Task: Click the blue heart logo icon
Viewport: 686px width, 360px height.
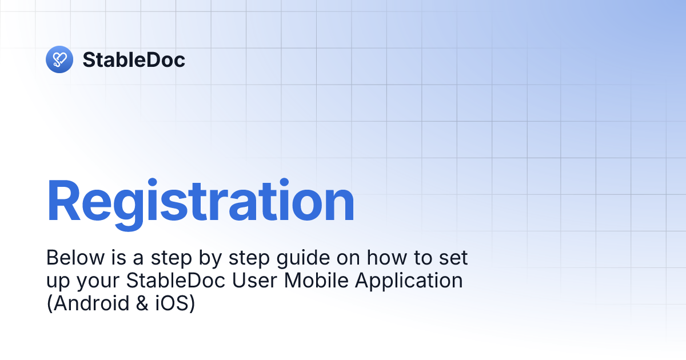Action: pyautogui.click(x=59, y=59)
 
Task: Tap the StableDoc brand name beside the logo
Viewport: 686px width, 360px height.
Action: pyautogui.click(x=134, y=59)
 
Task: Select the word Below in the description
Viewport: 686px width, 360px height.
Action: pyautogui.click(x=70, y=258)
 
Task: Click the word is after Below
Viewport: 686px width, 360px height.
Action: pyautogui.click(x=111, y=258)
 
